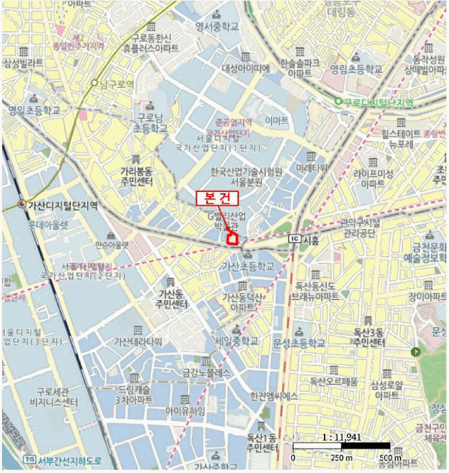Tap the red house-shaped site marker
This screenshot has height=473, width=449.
click(x=232, y=237)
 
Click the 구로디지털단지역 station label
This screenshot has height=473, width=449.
click(x=378, y=101)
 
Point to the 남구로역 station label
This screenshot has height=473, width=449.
click(x=116, y=83)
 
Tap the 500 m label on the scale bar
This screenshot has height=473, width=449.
click(x=389, y=458)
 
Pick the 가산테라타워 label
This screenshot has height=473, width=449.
click(x=138, y=341)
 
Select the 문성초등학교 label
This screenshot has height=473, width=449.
click(x=300, y=344)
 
